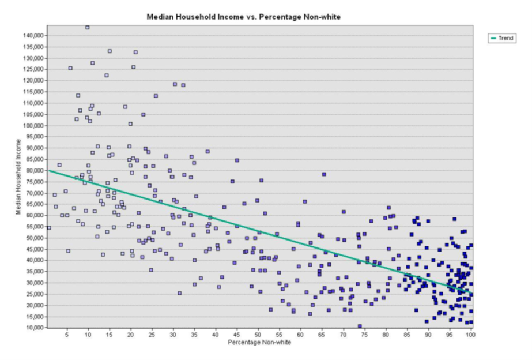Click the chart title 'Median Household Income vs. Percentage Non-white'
(243, 17)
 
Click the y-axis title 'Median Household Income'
(18, 177)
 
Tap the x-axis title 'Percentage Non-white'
(259, 343)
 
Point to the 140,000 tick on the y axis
(33, 36)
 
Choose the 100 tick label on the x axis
(470, 334)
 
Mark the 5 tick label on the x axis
(67, 334)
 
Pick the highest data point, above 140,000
(88, 27)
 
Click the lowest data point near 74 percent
(360, 326)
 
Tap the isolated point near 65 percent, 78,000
(324, 174)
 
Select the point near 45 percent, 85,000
(237, 160)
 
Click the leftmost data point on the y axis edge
(49, 228)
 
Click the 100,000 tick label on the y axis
(33, 126)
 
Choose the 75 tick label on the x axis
(364, 334)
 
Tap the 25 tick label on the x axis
(152, 334)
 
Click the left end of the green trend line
(48, 170)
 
